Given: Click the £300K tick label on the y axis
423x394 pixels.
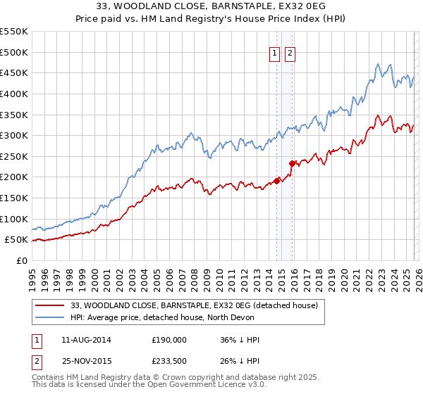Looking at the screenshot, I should [15, 135].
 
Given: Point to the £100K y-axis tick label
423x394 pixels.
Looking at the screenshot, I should [15, 219].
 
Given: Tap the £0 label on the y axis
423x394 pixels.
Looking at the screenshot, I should [21, 260].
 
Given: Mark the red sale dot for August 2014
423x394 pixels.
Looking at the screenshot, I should [277, 180].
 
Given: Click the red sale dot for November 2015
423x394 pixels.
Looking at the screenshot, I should [292, 163].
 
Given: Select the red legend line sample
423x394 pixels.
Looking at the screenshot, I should [49, 305].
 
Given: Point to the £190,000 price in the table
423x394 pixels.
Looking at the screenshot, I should [169, 340].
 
